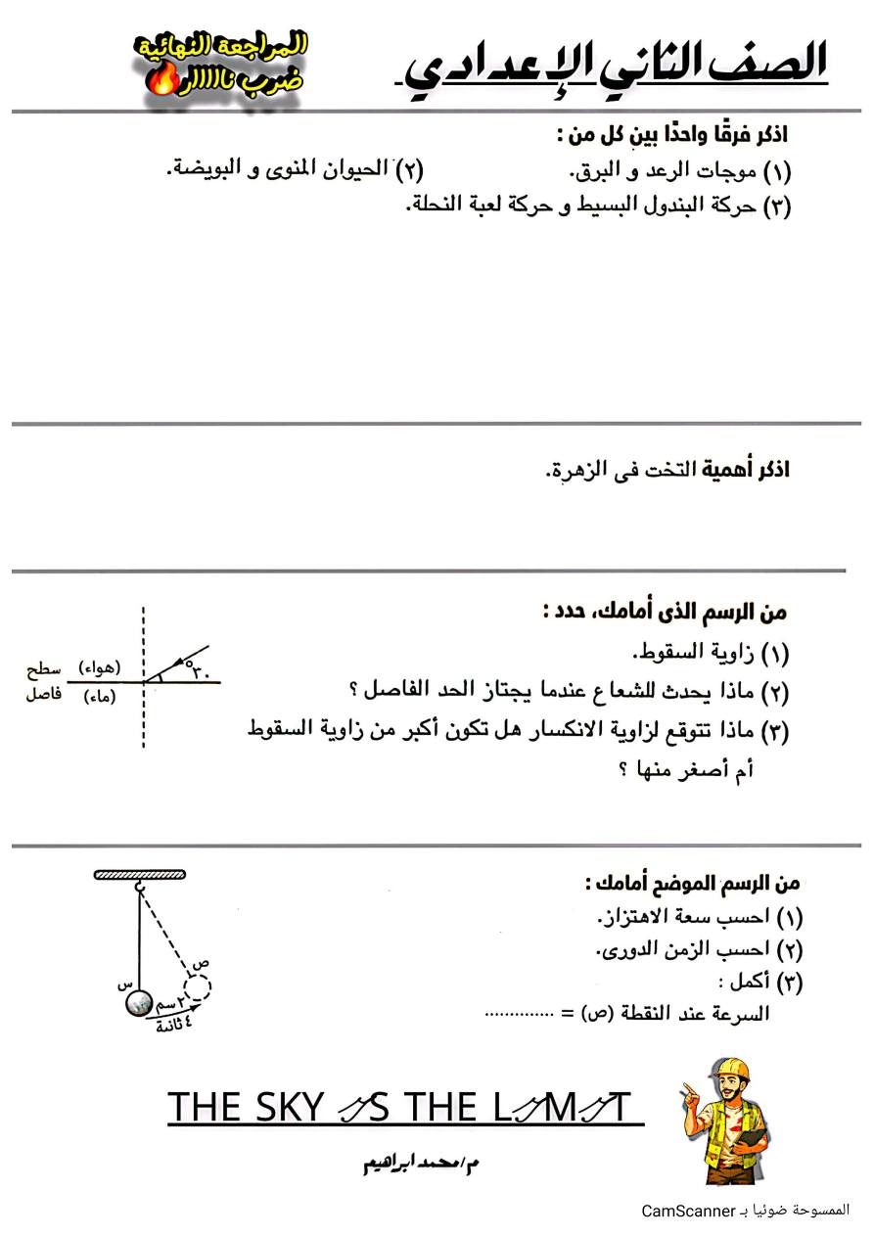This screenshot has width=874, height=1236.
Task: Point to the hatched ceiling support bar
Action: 141,874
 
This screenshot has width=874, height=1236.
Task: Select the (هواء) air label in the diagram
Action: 100,667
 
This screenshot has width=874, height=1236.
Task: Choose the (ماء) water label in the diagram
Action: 101,697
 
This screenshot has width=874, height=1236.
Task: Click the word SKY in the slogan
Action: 287,1108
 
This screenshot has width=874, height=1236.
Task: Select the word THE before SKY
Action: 205,1108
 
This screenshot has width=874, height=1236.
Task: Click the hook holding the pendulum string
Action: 140,888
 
